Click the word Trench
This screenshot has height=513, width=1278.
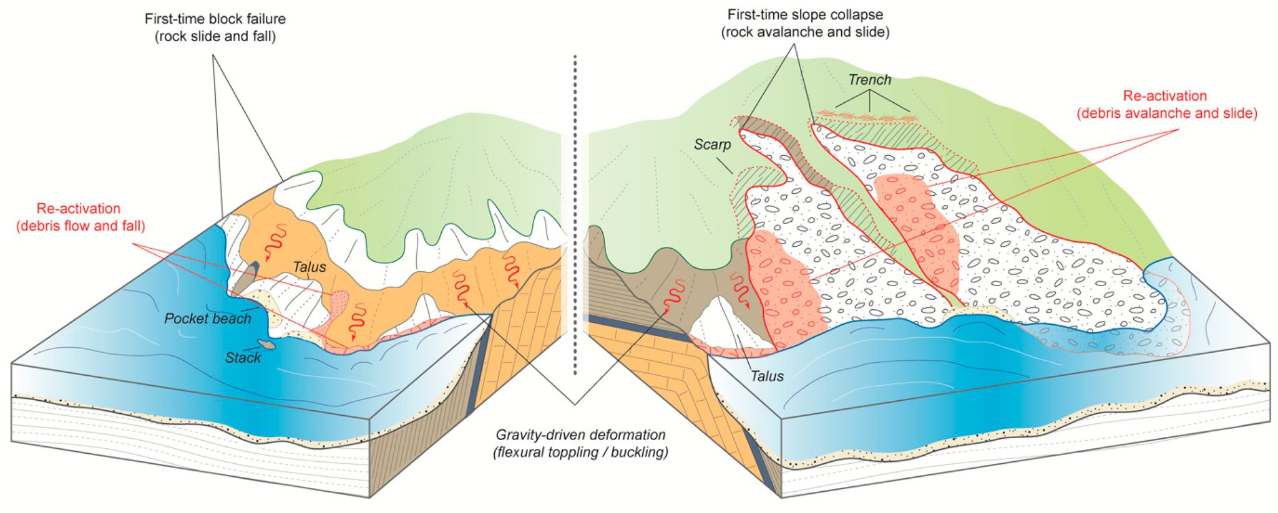click(869, 80)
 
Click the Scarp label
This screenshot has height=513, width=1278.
click(712, 145)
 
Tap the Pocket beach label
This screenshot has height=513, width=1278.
click(207, 319)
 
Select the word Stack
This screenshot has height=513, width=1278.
click(243, 358)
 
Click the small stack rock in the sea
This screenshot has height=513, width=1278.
click(267, 344)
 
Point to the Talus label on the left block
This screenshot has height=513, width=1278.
click(310, 267)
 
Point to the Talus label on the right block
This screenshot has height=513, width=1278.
click(766, 376)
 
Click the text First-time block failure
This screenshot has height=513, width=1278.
click(215, 19)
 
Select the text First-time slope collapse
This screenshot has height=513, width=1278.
click(805, 14)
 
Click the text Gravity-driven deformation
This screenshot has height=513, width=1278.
click(580, 434)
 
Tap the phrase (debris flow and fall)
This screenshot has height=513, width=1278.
click(80, 226)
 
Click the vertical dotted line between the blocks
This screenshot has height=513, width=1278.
click(575, 212)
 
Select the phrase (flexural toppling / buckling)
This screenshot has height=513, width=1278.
click(580, 452)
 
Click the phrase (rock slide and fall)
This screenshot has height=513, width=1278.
click(215, 36)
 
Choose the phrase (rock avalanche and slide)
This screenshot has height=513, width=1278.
click(805, 32)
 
